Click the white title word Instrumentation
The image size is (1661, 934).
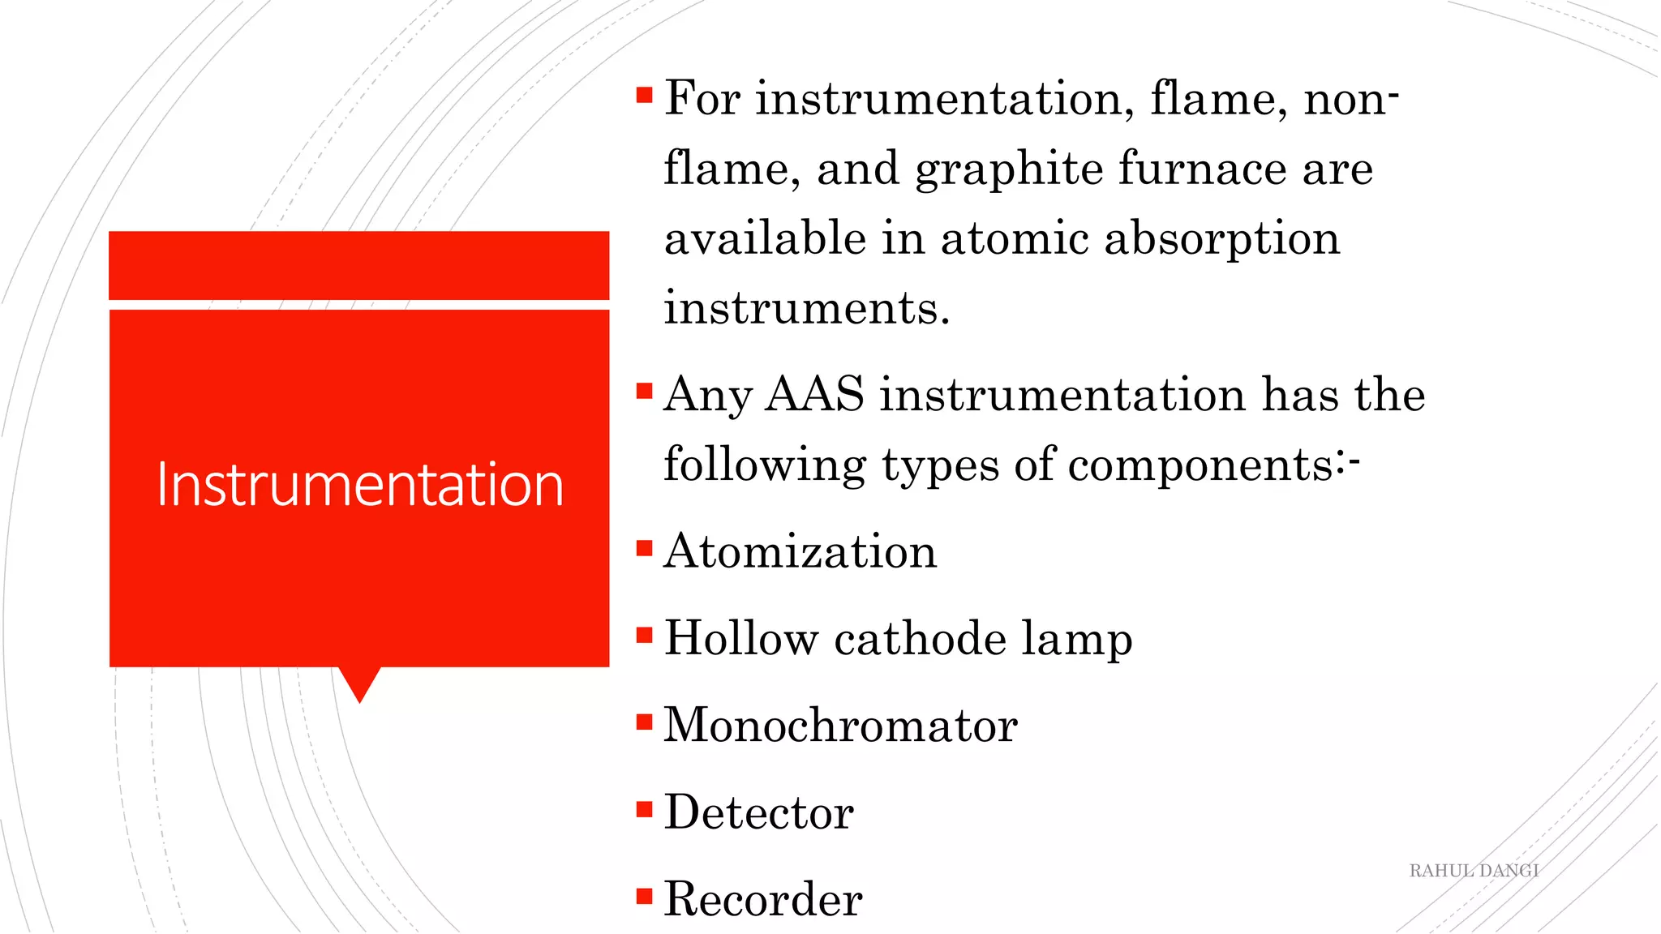pos(359,484)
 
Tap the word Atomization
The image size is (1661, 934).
pos(800,552)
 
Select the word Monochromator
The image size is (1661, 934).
pos(840,725)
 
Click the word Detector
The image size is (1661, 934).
pos(758,812)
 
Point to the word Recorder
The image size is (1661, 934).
pos(762,899)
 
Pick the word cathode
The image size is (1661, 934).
pos(921,638)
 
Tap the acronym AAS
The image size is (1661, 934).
pos(814,395)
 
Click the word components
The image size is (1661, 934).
pos(1200,466)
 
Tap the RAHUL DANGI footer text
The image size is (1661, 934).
pos(1474,871)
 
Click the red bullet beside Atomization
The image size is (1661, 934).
pos(645,548)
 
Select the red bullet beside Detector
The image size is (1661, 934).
pos(645,808)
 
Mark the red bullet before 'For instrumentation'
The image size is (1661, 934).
pos(645,96)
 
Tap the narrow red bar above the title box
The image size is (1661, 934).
pos(358,265)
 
